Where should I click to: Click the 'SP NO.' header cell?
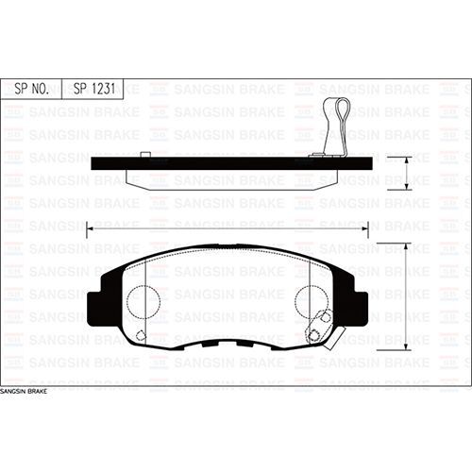[33, 89]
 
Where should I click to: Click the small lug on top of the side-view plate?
[145, 155]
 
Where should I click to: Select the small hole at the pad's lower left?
[141, 335]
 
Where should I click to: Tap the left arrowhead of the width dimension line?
[89, 227]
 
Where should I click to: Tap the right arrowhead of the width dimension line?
[366, 227]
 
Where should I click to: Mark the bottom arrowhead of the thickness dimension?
[406, 188]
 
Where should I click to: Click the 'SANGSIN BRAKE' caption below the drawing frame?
[24, 390]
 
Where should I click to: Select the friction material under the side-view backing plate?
[227, 179]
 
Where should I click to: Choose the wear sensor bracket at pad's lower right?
[318, 330]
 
